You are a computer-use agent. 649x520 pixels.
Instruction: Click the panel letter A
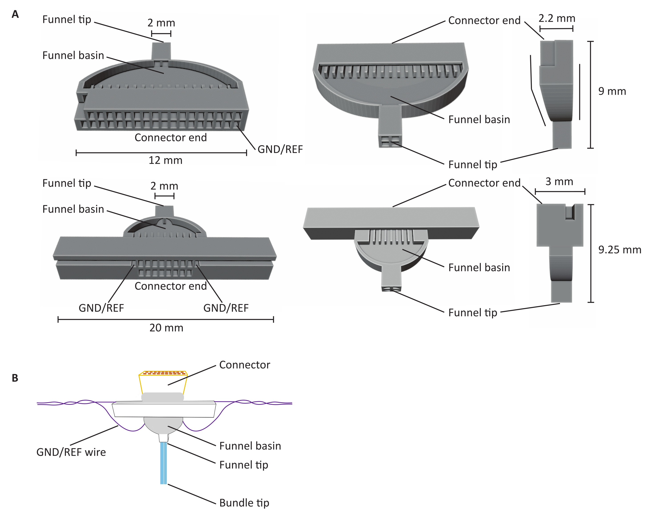[x=15, y=14]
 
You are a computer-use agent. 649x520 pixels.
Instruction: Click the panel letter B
[x=15, y=378]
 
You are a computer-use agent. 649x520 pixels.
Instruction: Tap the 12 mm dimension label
[x=166, y=160]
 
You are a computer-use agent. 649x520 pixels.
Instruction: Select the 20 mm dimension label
[x=166, y=328]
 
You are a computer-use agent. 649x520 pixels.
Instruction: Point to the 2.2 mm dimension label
[x=557, y=18]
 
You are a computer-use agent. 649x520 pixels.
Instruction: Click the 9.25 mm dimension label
[x=619, y=250]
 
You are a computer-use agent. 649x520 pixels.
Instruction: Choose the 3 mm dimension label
[x=559, y=181]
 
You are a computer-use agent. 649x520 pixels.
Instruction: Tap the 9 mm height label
[x=612, y=91]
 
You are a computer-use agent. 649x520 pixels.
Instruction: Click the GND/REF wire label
[x=71, y=452]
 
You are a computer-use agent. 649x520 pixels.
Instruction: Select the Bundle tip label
[x=244, y=503]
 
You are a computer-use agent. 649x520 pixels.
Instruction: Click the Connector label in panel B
[x=245, y=365]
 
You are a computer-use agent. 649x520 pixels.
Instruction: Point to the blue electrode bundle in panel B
[x=164, y=463]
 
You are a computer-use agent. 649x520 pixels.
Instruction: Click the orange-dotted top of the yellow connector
[x=163, y=373]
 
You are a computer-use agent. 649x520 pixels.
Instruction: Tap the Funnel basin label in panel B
[x=250, y=446]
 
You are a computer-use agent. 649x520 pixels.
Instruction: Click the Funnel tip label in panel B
[x=244, y=465]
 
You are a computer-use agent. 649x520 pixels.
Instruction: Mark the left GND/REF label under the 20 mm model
[x=101, y=308]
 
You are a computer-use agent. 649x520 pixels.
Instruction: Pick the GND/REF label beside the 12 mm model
[x=280, y=149]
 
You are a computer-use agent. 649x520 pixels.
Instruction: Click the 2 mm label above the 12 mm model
[x=161, y=23]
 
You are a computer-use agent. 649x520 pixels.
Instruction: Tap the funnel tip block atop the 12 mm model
[x=161, y=51]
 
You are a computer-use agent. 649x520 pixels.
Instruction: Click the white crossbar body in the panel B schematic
[x=164, y=410]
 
